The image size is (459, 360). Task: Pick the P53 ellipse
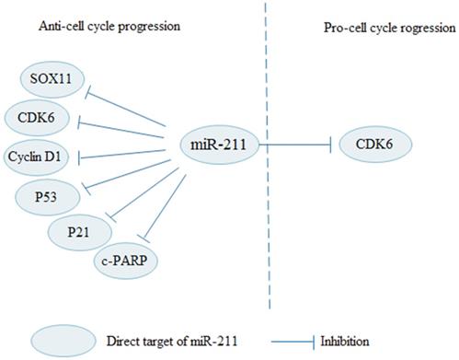click(x=46, y=194)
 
